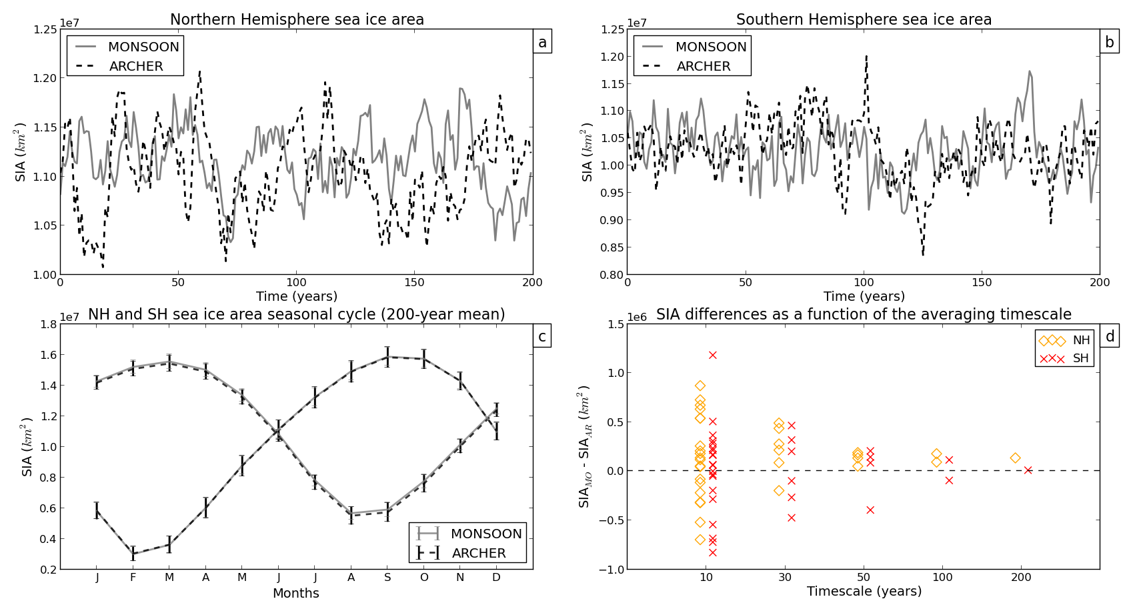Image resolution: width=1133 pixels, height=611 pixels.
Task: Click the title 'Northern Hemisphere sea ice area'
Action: pos(297,20)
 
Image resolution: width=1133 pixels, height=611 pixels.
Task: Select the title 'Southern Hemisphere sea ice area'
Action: pos(864,20)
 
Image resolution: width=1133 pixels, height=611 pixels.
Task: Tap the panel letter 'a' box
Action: pos(542,43)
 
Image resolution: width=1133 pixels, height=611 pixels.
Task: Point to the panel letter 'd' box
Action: pos(1110,337)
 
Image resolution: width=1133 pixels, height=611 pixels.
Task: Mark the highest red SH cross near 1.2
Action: pos(712,355)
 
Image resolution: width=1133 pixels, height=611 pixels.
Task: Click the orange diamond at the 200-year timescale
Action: pos(1015,458)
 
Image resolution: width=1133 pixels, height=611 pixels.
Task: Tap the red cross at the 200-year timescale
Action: pos(1028,470)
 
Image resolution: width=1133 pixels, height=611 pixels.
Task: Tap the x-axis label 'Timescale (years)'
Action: pos(864,592)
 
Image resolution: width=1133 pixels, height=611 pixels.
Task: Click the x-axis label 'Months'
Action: pos(295,594)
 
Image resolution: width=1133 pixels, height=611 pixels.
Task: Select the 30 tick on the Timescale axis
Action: pos(785,578)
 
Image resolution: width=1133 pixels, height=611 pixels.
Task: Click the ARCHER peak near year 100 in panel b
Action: pos(866,57)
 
